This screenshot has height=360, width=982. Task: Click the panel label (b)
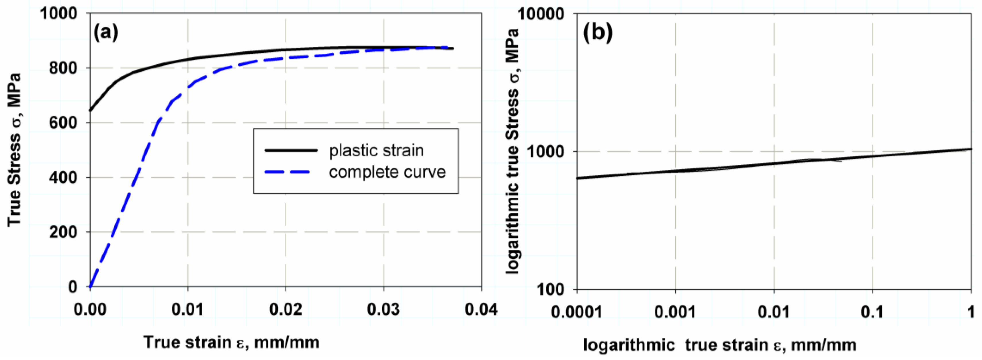(597, 32)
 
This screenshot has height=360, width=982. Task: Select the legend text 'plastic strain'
(376, 150)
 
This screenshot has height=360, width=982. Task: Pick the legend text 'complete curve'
(387, 172)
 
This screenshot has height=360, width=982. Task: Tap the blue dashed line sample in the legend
(287, 172)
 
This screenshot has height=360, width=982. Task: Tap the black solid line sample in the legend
(291, 150)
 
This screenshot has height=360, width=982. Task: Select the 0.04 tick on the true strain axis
(481, 309)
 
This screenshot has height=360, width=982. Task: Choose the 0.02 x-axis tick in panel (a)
(285, 309)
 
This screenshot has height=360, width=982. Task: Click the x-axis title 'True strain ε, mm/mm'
(231, 342)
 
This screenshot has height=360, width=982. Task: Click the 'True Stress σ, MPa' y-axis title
(15, 149)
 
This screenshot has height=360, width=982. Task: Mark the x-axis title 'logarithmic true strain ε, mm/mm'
(720, 345)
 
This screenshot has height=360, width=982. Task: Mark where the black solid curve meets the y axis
(90, 111)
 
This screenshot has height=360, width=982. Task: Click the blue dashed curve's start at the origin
(90, 286)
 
